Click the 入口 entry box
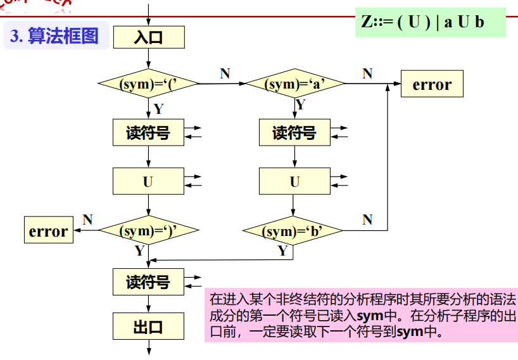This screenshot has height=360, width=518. click(x=148, y=37)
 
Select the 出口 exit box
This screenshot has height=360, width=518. click(x=148, y=327)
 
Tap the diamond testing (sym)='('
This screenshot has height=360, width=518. click(x=148, y=84)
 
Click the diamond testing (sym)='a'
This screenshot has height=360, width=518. click(x=294, y=84)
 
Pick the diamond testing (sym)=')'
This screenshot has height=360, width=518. click(x=148, y=231)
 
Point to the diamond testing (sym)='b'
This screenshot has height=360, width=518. click(x=293, y=231)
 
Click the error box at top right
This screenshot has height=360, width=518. click(x=432, y=85)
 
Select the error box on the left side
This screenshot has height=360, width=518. click(x=48, y=231)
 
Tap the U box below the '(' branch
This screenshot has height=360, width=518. click(x=148, y=182)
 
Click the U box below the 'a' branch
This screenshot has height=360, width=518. click(x=294, y=182)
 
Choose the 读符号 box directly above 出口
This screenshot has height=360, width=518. click(x=148, y=282)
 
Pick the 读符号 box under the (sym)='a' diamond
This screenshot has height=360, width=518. click(x=294, y=133)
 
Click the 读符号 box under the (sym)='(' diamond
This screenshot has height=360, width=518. click(x=148, y=133)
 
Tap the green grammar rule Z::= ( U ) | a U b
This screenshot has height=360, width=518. click(x=430, y=22)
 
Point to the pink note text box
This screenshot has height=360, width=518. click(x=360, y=314)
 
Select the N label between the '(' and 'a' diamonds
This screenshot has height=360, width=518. click(x=225, y=73)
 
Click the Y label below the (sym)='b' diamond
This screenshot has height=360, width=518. click(x=283, y=251)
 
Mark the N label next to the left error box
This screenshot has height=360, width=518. click(x=87, y=220)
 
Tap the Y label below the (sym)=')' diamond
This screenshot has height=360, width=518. click(x=139, y=251)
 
